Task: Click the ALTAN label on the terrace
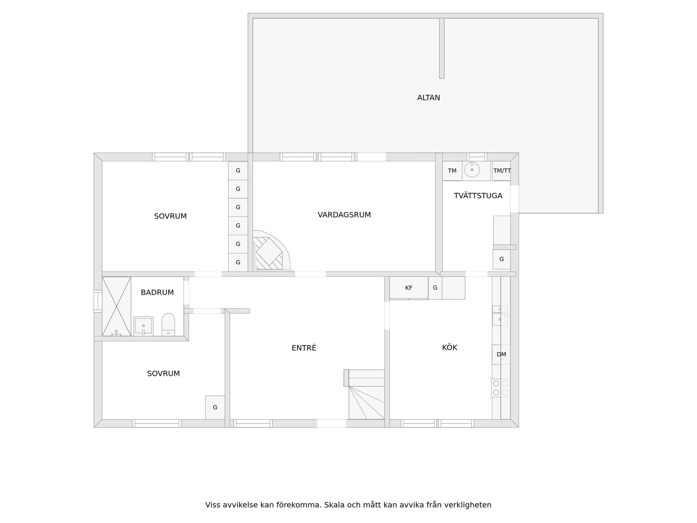(x=428, y=98)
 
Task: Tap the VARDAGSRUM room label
(x=344, y=215)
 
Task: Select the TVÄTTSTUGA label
(x=478, y=196)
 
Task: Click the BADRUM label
(x=157, y=292)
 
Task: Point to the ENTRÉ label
(x=304, y=348)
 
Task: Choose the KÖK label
(x=449, y=347)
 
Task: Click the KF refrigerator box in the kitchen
(x=409, y=288)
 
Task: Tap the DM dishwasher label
(x=501, y=354)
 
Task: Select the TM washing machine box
(x=452, y=171)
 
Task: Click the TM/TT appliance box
(x=501, y=171)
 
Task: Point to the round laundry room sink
(x=472, y=170)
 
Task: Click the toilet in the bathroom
(x=168, y=325)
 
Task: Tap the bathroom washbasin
(x=143, y=326)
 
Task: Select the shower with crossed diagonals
(x=117, y=306)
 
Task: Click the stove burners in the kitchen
(x=501, y=388)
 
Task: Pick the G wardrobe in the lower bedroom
(x=215, y=408)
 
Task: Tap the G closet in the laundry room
(x=501, y=259)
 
